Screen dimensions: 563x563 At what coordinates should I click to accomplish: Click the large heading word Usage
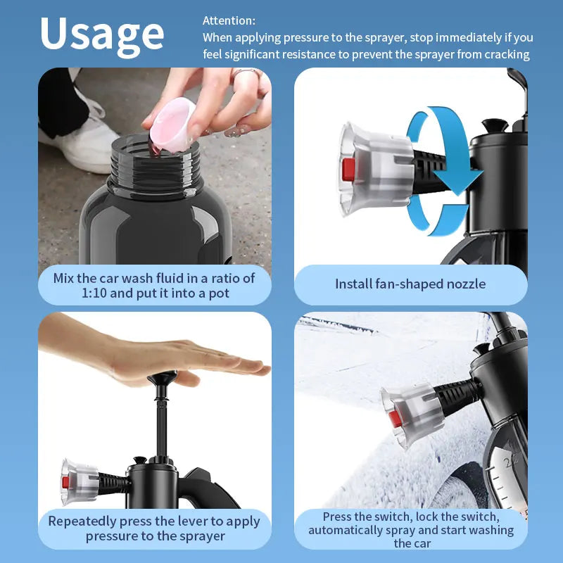click(x=102, y=33)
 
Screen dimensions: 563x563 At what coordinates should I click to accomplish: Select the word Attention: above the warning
click(x=229, y=20)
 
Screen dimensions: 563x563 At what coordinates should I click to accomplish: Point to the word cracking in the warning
click(x=506, y=54)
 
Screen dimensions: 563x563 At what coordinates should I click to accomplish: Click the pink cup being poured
click(x=172, y=123)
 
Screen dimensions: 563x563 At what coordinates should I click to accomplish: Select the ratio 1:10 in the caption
click(x=69, y=293)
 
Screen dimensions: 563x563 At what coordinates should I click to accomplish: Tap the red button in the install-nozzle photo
click(x=347, y=170)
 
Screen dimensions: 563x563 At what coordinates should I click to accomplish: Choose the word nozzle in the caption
click(x=461, y=284)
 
